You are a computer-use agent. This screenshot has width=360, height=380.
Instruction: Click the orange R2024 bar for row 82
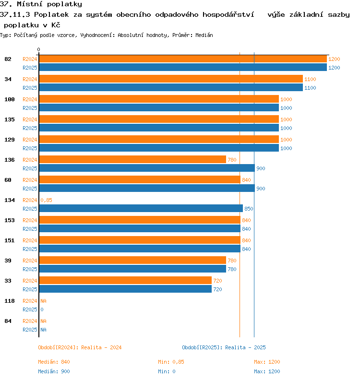183,59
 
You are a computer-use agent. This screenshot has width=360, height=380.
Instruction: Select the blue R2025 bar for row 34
171,87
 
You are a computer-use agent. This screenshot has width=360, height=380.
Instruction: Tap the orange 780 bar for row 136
132,159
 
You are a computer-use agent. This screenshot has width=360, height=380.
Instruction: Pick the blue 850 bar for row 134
141,208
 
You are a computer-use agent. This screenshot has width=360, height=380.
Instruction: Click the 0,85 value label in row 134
46,200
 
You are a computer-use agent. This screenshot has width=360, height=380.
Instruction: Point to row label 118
10,301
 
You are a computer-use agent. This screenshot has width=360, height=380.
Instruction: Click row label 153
10,220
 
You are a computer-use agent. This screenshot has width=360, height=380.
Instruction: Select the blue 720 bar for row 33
125,289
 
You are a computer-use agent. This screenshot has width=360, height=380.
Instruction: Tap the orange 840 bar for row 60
140,179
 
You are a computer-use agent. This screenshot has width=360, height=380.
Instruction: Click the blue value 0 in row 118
42,309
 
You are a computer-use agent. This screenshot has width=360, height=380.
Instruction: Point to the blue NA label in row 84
43,330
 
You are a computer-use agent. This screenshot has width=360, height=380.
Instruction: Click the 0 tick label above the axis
38,50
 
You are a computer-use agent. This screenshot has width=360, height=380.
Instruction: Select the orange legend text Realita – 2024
101,347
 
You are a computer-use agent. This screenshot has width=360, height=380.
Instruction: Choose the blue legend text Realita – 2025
245,347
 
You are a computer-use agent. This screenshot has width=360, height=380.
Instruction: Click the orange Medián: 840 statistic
54,362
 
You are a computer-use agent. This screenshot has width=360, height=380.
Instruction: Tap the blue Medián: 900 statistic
54,371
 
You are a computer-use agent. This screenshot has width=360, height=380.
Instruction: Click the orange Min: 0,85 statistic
171,362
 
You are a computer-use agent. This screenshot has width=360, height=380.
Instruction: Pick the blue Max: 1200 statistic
267,371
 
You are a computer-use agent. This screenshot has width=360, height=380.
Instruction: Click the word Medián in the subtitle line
204,35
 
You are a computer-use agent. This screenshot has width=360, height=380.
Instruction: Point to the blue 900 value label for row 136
261,168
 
